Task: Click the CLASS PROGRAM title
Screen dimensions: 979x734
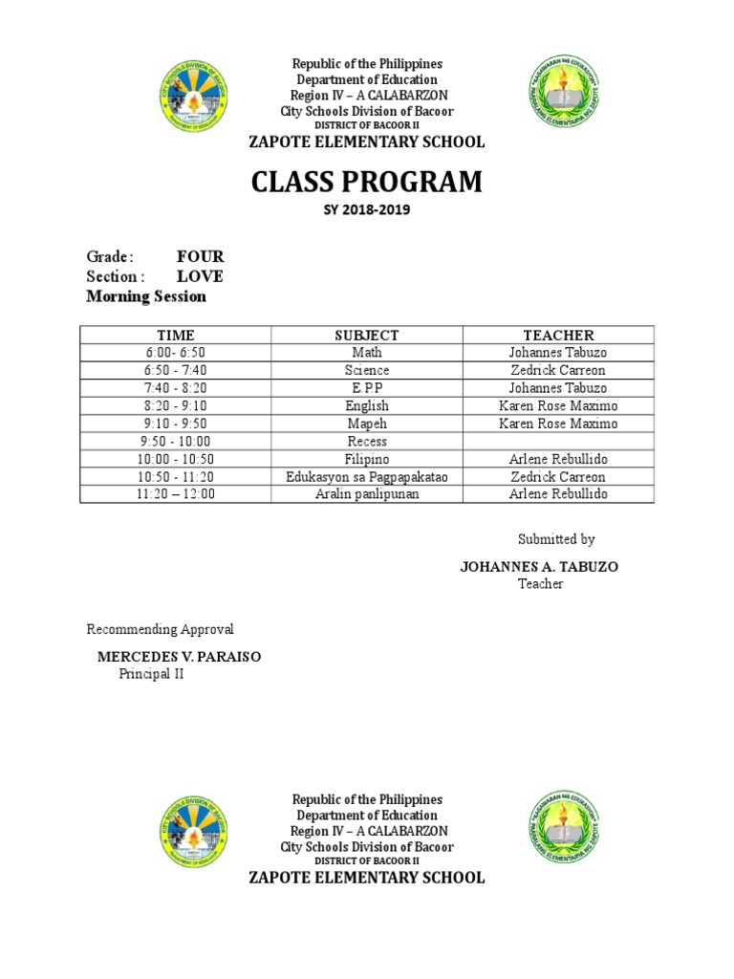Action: pos(367,181)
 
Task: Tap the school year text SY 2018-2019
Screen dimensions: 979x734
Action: pos(367,209)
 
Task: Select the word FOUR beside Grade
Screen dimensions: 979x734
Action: pos(201,256)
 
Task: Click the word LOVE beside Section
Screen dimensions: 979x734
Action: pos(200,276)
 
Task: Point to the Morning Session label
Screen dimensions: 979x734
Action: pos(146,296)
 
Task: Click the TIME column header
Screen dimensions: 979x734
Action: pos(176,335)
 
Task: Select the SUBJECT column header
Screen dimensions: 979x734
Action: pos(367,335)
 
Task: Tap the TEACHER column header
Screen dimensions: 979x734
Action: pos(558,335)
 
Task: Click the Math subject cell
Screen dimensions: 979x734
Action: pos(367,353)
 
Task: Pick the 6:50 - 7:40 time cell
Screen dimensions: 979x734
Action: pos(176,370)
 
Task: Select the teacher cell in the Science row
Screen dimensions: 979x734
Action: pos(558,370)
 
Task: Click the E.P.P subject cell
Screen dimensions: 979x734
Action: pos(367,388)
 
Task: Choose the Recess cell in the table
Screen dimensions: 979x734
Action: pos(367,441)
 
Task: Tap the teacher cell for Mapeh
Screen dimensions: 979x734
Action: pos(558,424)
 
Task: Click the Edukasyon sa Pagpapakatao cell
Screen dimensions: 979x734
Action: pos(367,476)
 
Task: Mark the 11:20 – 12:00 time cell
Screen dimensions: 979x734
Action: pos(176,494)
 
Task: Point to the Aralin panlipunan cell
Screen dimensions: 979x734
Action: pos(367,494)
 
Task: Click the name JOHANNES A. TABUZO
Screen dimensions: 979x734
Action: pos(539,567)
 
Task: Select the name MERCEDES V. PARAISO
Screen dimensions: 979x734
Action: pos(179,657)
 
